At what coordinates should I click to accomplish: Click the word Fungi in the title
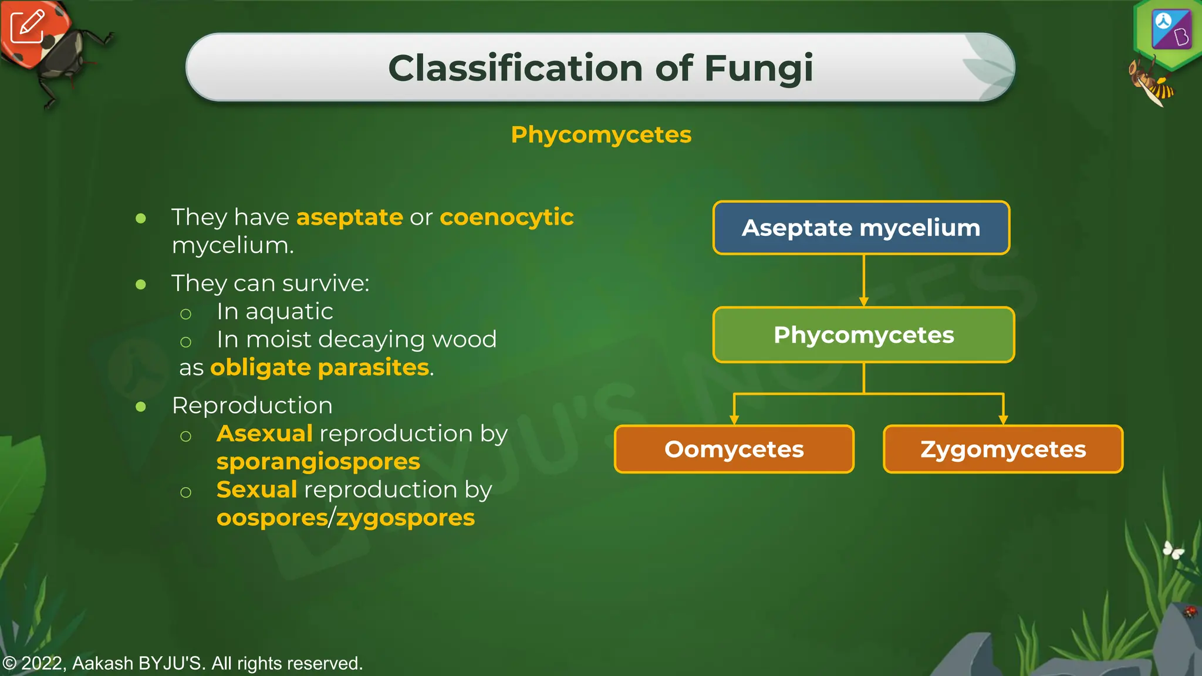(x=758, y=68)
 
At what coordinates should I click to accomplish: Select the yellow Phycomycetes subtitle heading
(x=601, y=135)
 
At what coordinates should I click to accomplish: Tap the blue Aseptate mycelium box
(x=861, y=228)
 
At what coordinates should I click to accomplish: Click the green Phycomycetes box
(x=863, y=334)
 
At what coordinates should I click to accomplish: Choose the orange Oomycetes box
(x=734, y=449)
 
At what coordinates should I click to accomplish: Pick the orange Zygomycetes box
(x=1002, y=449)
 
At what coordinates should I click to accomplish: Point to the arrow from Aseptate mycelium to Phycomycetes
(x=863, y=280)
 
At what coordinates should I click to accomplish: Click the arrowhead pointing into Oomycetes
(x=734, y=419)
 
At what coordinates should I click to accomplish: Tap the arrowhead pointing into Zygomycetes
(x=1003, y=419)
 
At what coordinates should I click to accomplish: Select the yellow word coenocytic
(x=506, y=217)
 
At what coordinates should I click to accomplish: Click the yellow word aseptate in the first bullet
(x=350, y=218)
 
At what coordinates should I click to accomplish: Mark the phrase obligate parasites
(x=320, y=367)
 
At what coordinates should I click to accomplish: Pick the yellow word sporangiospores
(x=318, y=462)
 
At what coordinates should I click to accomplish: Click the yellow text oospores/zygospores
(x=345, y=518)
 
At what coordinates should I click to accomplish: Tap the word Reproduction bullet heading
(x=252, y=405)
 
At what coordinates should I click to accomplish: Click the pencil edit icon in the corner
(x=27, y=26)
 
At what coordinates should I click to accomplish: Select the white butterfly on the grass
(x=1173, y=550)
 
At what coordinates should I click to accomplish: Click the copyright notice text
(x=183, y=664)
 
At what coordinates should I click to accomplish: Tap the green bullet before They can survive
(x=141, y=285)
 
